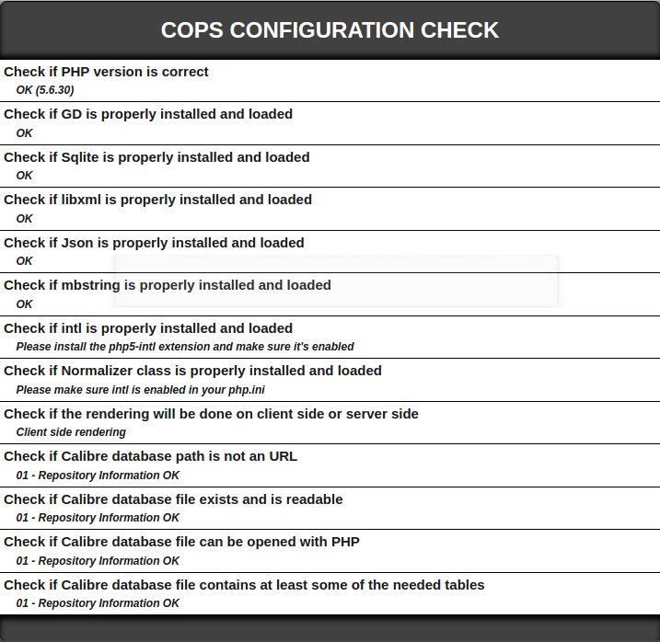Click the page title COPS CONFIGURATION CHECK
[x=330, y=30]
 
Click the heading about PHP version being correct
[x=106, y=72]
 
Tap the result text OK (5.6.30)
[x=45, y=90]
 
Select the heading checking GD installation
[x=148, y=114]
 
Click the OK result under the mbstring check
[x=24, y=304]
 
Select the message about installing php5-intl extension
[x=185, y=347]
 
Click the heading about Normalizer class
[x=192, y=371]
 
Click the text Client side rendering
[x=71, y=432]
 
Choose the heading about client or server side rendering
[x=211, y=414]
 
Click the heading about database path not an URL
[x=150, y=456]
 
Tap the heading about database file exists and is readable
[x=173, y=499]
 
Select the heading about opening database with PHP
[x=181, y=542]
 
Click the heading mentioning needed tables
[x=244, y=585]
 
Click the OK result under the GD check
[x=24, y=133]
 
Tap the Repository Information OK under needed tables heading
[x=98, y=603]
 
